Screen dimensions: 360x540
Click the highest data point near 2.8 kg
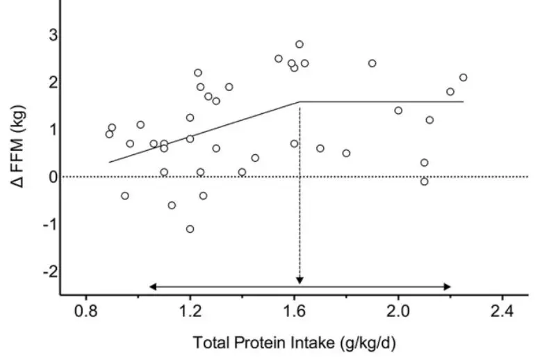(x=300, y=44)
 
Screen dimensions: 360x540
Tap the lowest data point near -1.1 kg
(x=190, y=229)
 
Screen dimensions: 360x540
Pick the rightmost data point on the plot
(x=463, y=77)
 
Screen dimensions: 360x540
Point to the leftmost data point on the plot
(x=109, y=134)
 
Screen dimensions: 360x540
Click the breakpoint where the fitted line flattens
(x=300, y=102)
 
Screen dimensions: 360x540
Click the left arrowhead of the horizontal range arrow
(x=152, y=286)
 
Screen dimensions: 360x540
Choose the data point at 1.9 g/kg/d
(x=372, y=63)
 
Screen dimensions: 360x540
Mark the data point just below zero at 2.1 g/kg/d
(x=424, y=181)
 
